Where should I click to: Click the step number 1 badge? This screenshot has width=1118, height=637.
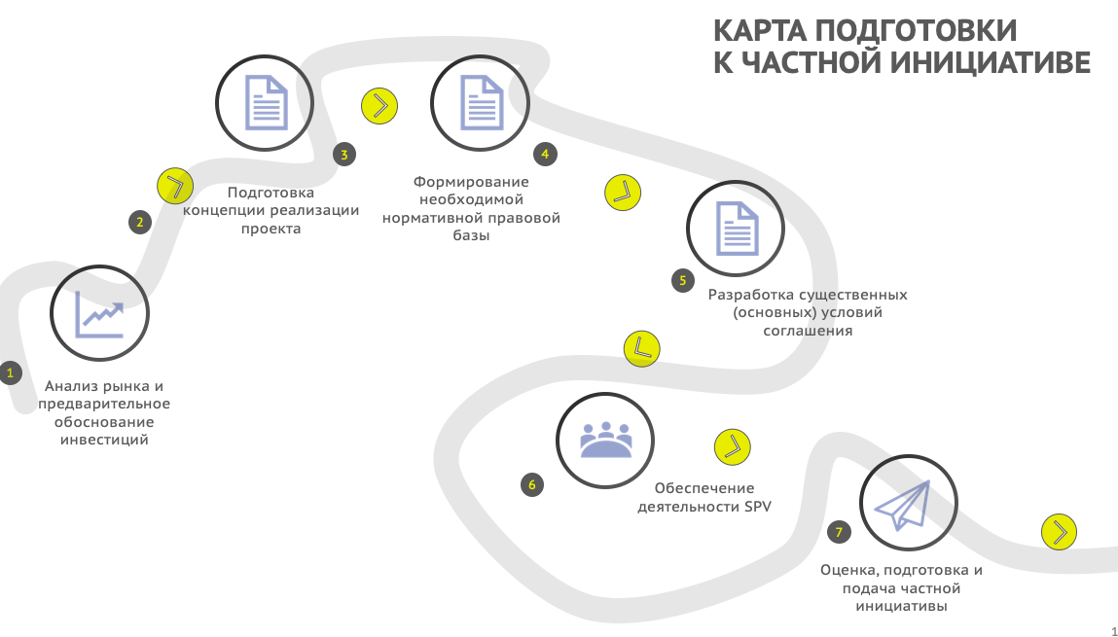[10, 372]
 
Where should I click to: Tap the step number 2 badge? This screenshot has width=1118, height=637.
[140, 222]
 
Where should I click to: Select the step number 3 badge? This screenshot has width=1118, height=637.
[344, 154]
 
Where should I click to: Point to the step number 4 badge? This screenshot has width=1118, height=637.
[546, 154]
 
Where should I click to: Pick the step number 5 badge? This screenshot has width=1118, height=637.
[683, 280]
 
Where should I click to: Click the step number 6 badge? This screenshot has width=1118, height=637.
[532, 485]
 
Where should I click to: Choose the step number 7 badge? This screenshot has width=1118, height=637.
[839, 532]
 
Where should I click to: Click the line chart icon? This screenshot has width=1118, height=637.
[100, 314]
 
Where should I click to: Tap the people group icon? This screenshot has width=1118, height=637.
[605, 440]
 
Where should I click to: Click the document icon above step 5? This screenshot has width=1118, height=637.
[738, 228]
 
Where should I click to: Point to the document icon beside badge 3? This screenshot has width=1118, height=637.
[266, 103]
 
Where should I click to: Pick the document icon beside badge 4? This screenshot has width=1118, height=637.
[482, 103]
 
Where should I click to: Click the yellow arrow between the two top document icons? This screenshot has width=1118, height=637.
[379, 106]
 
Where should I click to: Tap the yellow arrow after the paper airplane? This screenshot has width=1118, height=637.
[1059, 532]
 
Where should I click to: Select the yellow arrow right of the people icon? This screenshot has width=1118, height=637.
[733, 446]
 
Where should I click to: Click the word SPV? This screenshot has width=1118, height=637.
[758, 507]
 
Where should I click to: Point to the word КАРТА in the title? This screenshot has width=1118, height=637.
[760, 31]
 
